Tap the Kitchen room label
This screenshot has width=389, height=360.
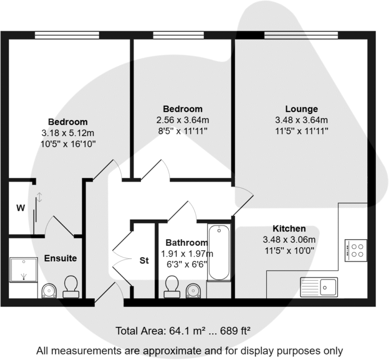coord(289,229)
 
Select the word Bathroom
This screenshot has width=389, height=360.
coord(186,243)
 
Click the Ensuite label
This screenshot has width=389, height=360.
coord(61,258)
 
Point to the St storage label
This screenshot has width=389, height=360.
coord(144,260)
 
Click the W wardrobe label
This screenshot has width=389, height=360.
coord(20,208)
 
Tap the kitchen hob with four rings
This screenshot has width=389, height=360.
coord(355,250)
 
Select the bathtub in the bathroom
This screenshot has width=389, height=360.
coord(218,253)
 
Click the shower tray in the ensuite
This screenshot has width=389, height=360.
coord(23,270)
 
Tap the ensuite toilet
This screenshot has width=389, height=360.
coord(71,287)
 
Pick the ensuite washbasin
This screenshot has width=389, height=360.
coord(49,291)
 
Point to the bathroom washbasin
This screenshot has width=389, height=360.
coord(192,291)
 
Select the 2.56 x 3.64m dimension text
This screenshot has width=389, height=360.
coord(182,120)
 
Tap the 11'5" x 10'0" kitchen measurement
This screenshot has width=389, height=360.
coord(289,250)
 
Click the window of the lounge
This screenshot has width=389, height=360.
coord(301,35)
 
